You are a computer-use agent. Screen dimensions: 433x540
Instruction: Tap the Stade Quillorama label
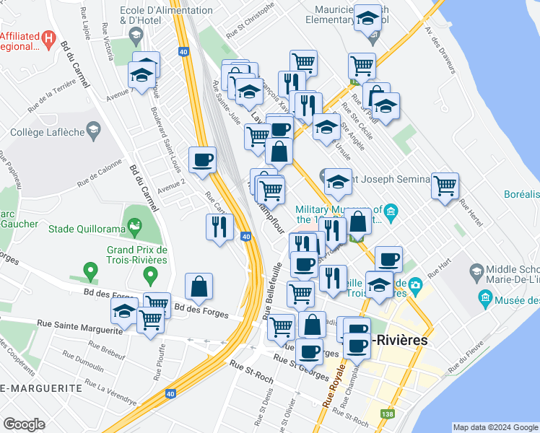(x=84, y=229)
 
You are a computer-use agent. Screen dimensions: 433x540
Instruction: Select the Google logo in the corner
(x=25, y=424)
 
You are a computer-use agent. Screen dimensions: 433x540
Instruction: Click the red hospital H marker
(x=48, y=38)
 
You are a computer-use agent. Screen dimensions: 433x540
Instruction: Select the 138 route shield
(x=388, y=414)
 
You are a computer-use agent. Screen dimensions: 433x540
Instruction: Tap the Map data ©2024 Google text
(x=495, y=427)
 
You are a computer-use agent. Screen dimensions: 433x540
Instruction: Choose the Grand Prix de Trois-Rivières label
(x=137, y=255)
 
